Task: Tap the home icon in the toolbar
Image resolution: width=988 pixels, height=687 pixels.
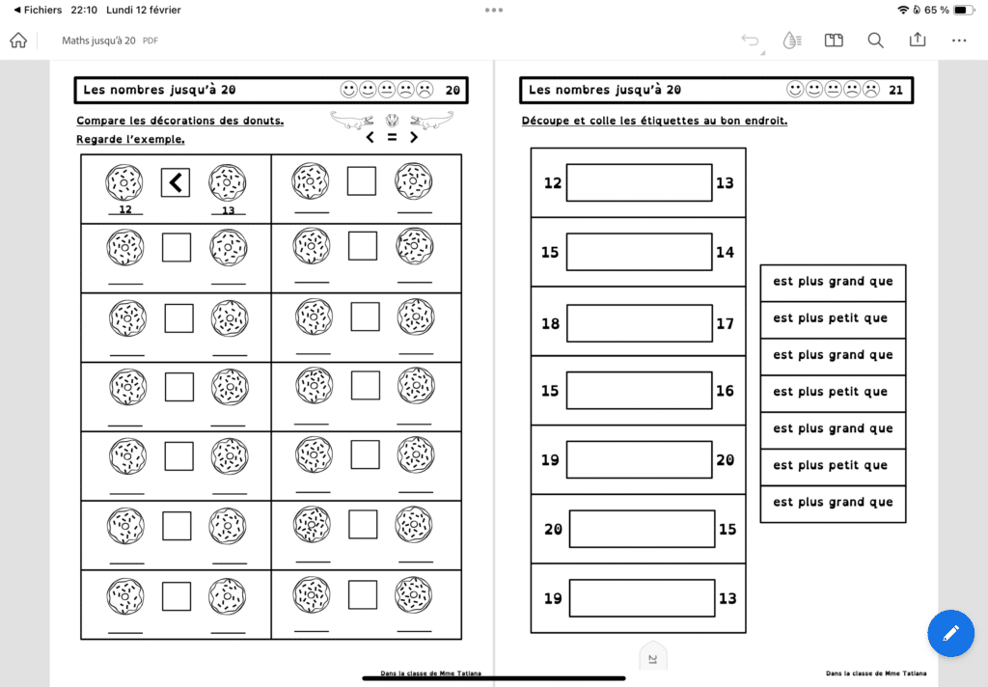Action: click(x=17, y=41)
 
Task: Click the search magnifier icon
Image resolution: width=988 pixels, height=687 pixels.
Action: click(x=875, y=41)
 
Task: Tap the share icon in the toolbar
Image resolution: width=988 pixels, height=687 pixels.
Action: click(x=918, y=41)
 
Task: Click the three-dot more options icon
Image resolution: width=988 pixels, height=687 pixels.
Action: click(x=959, y=41)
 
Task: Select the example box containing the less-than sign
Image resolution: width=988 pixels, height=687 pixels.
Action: click(x=176, y=182)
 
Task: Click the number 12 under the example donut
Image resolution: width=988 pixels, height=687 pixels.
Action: click(x=125, y=209)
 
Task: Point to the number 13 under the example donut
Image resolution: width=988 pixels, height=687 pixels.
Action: click(x=229, y=209)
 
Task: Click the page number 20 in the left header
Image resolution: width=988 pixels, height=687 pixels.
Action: click(x=453, y=91)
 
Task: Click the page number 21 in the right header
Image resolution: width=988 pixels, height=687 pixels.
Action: click(x=895, y=91)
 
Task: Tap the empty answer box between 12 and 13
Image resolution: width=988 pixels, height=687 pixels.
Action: click(x=639, y=182)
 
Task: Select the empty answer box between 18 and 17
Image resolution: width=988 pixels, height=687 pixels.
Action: click(x=639, y=323)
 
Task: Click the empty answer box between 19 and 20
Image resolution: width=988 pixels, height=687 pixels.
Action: click(x=639, y=460)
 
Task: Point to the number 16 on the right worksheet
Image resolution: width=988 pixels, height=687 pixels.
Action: click(x=726, y=391)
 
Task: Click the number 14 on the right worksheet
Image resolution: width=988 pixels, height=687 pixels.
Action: click(x=726, y=252)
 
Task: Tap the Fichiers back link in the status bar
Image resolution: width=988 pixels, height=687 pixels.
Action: click(x=37, y=10)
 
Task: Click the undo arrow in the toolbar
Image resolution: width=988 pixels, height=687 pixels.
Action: click(x=750, y=41)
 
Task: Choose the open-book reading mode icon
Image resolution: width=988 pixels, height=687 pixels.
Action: click(x=834, y=41)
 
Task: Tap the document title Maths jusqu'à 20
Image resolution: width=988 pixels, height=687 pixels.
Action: click(x=98, y=41)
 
